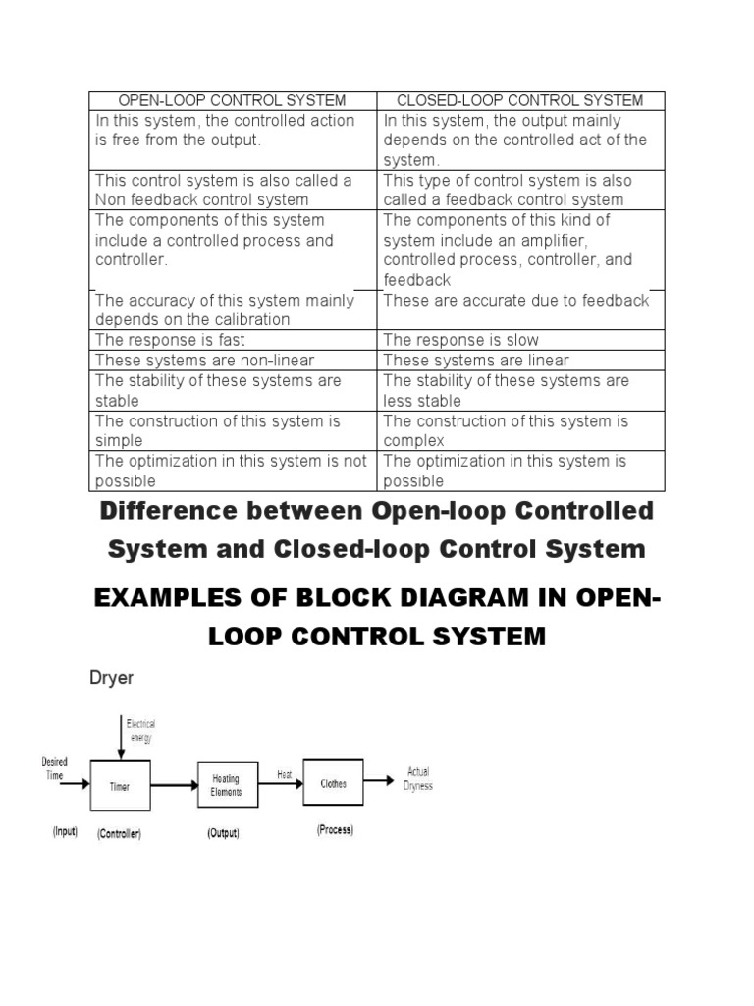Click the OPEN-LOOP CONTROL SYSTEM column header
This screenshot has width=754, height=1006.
[x=232, y=100]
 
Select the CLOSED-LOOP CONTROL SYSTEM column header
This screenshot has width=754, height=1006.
[x=519, y=100]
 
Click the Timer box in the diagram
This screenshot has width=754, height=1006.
[x=121, y=785]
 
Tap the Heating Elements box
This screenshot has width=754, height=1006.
[x=226, y=785]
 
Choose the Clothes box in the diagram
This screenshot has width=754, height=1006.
[x=333, y=783]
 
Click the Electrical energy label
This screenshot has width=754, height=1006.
[x=139, y=731]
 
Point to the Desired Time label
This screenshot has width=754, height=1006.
[x=55, y=768]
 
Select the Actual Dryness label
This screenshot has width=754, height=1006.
[x=417, y=779]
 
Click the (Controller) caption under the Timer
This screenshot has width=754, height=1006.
[x=119, y=834]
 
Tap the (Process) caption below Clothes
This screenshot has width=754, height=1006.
[x=335, y=830]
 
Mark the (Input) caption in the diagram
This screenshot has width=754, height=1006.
[x=65, y=832]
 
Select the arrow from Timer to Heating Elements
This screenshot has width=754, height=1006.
[x=174, y=786]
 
